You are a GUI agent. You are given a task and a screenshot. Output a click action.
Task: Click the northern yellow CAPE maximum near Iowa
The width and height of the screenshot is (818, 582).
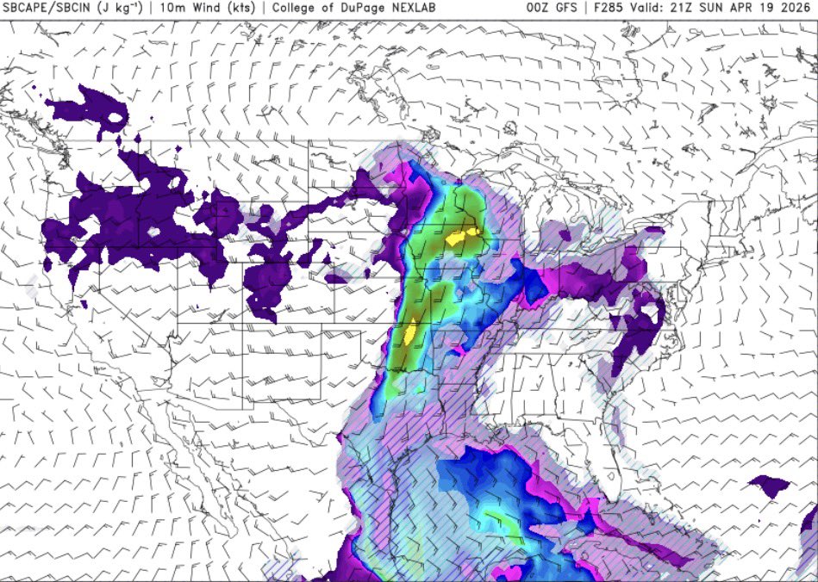(461, 237)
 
